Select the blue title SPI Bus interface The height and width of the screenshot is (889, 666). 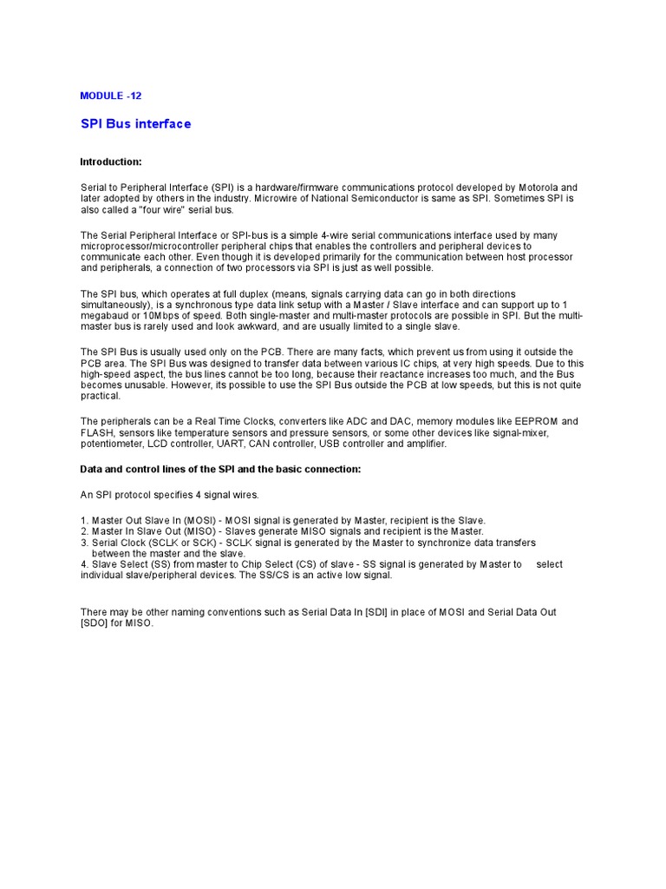click(x=135, y=124)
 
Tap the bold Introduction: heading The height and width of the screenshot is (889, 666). click(x=110, y=162)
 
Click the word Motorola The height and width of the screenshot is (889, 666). click(x=550, y=188)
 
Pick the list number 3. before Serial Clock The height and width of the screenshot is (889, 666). click(x=84, y=543)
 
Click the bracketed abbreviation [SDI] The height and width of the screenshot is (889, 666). click(x=374, y=613)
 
